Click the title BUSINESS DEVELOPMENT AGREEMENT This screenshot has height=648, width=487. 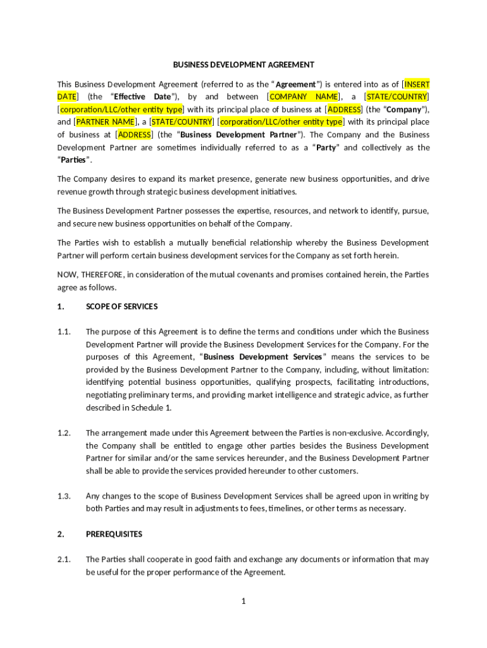point(244,65)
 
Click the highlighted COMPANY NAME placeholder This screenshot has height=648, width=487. point(304,97)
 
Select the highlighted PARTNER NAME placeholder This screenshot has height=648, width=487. point(105,121)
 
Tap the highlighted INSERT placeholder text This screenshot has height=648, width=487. point(417,84)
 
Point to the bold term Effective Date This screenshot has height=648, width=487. point(143,97)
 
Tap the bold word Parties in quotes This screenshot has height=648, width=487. point(72,159)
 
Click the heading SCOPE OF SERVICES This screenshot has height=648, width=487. point(121,306)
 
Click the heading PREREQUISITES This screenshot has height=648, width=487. point(113,534)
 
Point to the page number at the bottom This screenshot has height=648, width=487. point(243,601)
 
